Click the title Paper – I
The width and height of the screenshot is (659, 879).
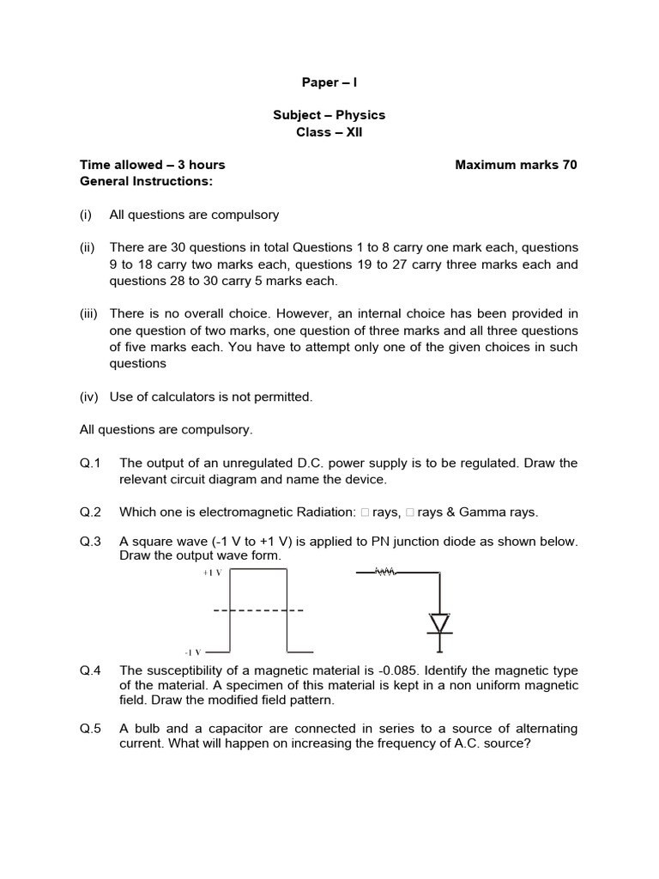pyautogui.click(x=329, y=82)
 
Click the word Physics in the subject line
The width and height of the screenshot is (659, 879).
pyautogui.click(x=360, y=115)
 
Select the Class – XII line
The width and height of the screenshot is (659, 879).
pyautogui.click(x=329, y=132)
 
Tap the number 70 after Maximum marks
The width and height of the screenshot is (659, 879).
pyautogui.click(x=570, y=165)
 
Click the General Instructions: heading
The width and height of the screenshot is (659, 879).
pyautogui.click(x=146, y=181)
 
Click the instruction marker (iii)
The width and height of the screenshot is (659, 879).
pyautogui.click(x=89, y=313)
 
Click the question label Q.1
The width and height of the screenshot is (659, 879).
pyautogui.click(x=91, y=463)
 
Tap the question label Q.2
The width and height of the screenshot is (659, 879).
pyautogui.click(x=91, y=512)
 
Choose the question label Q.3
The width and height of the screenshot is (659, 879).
pyautogui.click(x=91, y=542)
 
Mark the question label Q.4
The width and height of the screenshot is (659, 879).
pyautogui.click(x=91, y=670)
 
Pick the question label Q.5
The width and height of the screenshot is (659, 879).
pyautogui.click(x=91, y=729)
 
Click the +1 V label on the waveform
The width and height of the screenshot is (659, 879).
pyautogui.click(x=212, y=573)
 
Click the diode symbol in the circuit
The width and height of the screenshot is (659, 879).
pyautogui.click(x=440, y=622)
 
